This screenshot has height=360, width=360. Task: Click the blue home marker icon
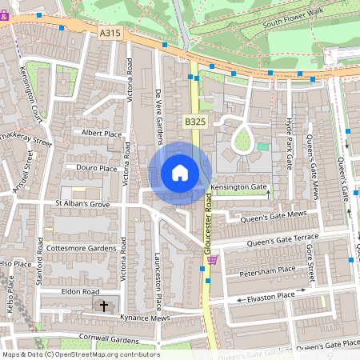180,172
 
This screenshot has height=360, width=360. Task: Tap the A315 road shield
110,32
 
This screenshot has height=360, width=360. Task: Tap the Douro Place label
97,169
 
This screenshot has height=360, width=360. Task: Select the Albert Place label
102,134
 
